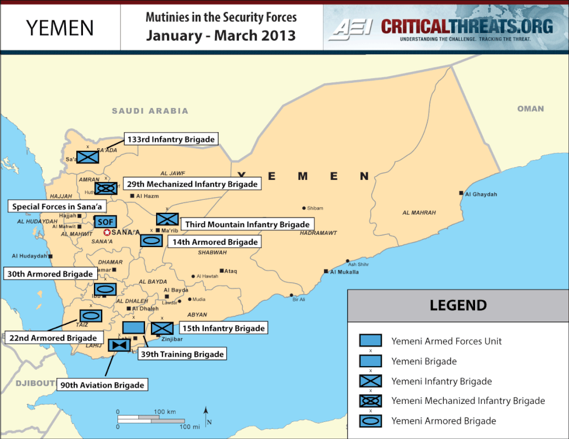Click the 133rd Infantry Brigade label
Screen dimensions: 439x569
pyautogui.click(x=171, y=139)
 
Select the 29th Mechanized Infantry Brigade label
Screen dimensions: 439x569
pyautogui.click(x=192, y=184)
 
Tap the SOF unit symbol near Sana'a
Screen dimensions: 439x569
pyautogui.click(x=105, y=222)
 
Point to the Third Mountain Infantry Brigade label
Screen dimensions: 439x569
pyautogui.click(x=247, y=224)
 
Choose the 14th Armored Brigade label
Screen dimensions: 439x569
pyautogui.click(x=215, y=241)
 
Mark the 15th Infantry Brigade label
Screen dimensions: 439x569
pyautogui.click(x=224, y=328)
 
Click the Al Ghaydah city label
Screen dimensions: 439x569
pyautogui.click(x=481, y=194)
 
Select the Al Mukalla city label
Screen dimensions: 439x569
pyautogui.click(x=345, y=272)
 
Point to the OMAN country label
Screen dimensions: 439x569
pyautogui.click(x=531, y=109)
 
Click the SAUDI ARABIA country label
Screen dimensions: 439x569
pyautogui.click(x=150, y=111)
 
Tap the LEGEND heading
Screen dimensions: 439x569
pyautogui.click(x=458, y=306)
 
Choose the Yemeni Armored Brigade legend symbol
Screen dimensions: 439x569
pyautogui.click(x=370, y=421)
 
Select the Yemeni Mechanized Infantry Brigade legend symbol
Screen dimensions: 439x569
pyautogui.click(x=370, y=401)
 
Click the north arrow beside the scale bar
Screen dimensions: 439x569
pyautogui.click(x=205, y=416)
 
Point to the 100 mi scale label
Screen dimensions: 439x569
pyautogui.click(x=189, y=426)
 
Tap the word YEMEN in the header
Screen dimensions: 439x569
pyautogui.click(x=60, y=27)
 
